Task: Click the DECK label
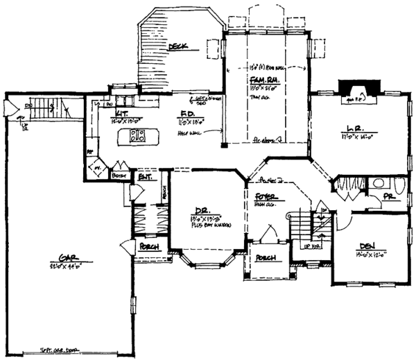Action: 182,46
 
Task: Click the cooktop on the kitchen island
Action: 137,135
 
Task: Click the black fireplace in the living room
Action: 357,90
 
